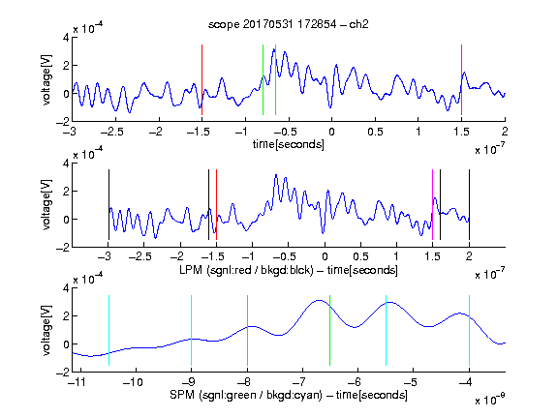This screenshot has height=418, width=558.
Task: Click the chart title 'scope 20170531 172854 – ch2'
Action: pyautogui.click(x=289, y=24)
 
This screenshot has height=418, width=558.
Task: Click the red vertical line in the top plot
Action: pyautogui.click(x=201, y=80)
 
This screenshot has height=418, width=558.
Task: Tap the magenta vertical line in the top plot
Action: pyautogui.click(x=461, y=80)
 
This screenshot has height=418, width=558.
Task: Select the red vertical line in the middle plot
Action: pyautogui.click(x=216, y=205)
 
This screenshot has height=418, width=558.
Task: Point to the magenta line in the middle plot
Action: pyautogui.click(x=432, y=205)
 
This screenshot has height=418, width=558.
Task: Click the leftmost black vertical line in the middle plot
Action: pyautogui.click(x=108, y=205)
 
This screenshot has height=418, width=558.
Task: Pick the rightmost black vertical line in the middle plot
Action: pyautogui.click(x=469, y=205)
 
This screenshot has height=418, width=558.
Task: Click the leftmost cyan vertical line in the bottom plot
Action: pyautogui.click(x=108, y=331)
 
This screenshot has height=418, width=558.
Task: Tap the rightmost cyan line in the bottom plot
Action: pyautogui.click(x=469, y=331)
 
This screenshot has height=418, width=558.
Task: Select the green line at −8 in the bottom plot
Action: pyautogui.click(x=247, y=331)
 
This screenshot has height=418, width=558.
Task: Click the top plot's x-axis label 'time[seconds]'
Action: pyautogui.click(x=289, y=144)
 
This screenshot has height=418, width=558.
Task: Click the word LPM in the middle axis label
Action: pyautogui.click(x=191, y=270)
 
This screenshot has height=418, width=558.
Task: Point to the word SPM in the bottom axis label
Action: pyautogui.click(x=182, y=395)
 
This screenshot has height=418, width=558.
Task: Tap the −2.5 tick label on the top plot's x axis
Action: pyautogui.click(x=111, y=132)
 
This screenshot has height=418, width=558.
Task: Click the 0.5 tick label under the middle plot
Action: pyautogui.click(x=360, y=256)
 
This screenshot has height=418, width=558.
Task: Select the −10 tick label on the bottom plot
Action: pyautogui.click(x=133, y=382)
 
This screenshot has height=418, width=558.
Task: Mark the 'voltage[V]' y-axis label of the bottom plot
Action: pyautogui.click(x=46, y=331)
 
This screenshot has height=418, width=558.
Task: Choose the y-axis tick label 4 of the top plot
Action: pyautogui.click(x=66, y=38)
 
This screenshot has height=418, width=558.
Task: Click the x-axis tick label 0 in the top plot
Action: pyautogui.click(x=331, y=132)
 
